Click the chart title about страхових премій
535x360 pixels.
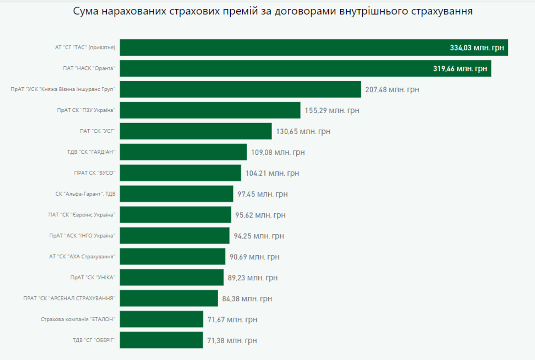coord(273,11)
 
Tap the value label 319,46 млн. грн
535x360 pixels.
coord(460,69)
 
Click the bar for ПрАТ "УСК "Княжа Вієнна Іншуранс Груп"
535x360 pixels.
coord(240,90)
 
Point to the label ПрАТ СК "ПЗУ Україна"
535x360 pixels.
coord(86,110)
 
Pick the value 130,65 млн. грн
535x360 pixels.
coord(303,131)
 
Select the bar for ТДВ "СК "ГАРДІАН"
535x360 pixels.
coord(183,152)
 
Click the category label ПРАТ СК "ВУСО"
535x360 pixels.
coord(94,173)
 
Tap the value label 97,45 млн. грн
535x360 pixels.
coord(262,194)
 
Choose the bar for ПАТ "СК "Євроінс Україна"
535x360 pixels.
coord(175,215)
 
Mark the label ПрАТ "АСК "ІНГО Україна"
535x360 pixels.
coord(82,236)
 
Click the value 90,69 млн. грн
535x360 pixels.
coord(254,257)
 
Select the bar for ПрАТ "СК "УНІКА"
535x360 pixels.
coord(172,278)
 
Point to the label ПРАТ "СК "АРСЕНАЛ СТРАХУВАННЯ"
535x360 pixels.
coord(69,298)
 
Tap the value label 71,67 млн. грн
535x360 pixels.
coord(232,320)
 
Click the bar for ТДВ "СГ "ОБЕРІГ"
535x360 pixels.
coord(161,340)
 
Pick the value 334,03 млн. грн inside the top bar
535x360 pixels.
coord(477,48)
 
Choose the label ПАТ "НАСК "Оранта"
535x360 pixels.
coord(89,68)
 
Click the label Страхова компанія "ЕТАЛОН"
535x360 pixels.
coord(78,319)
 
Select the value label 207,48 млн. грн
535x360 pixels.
coord(392,90)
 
